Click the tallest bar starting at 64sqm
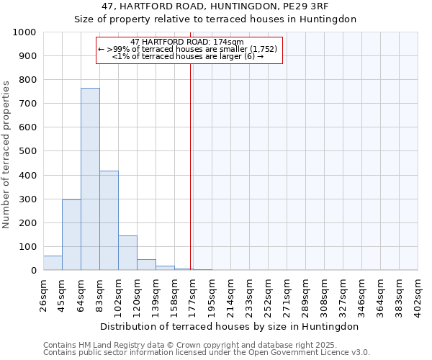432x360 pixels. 90,179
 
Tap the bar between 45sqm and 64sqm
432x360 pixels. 71,235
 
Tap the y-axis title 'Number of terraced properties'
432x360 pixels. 6,154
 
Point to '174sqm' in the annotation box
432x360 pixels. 230,42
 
